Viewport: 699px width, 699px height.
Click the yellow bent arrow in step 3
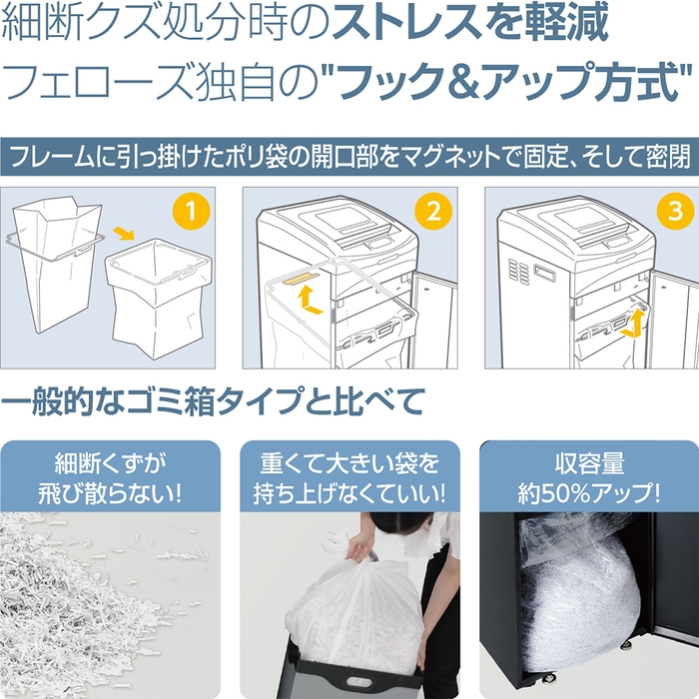(631, 323)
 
